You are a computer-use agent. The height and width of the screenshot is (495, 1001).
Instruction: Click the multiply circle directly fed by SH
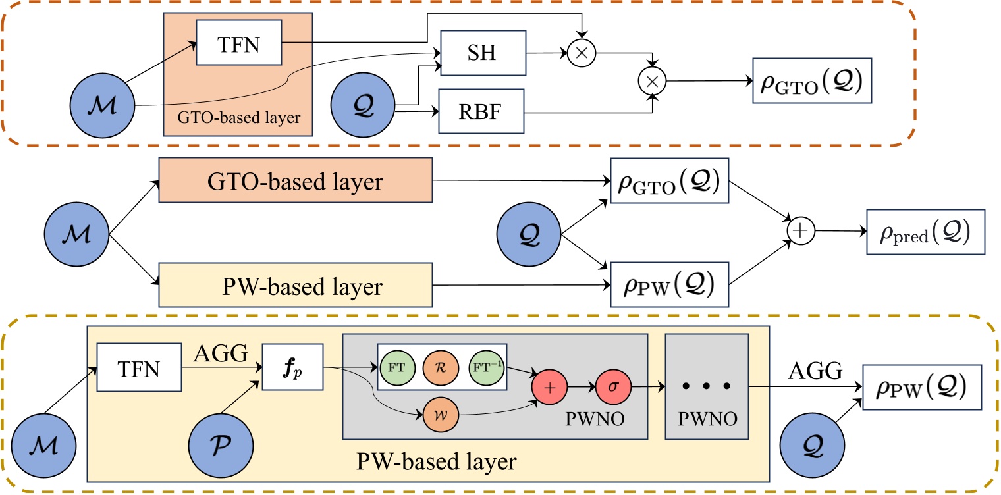pos(581,54)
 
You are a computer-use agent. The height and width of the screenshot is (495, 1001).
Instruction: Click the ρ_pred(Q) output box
pos(925,232)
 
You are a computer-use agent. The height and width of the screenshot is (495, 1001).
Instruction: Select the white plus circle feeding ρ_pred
pos(801,232)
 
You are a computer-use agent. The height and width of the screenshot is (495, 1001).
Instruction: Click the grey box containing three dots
pos(707,386)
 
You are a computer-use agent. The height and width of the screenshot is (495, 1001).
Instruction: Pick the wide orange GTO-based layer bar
pos(295,180)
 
